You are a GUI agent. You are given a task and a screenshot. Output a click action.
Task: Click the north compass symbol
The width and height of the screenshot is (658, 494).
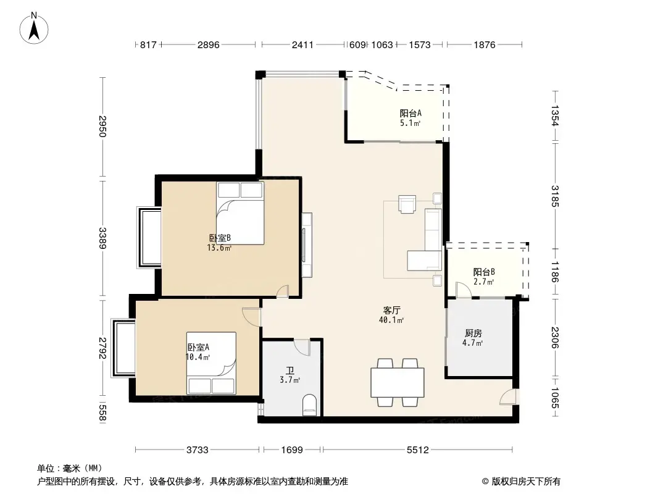[x=35, y=28]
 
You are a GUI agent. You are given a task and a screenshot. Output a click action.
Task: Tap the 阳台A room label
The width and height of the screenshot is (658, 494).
[x=410, y=117]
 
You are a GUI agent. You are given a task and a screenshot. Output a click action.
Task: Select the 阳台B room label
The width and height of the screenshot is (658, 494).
[x=484, y=277]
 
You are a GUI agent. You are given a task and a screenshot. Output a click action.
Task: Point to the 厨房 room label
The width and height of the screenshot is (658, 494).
[x=473, y=338]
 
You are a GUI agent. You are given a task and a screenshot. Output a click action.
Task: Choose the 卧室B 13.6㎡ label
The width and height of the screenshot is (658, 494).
[x=220, y=243]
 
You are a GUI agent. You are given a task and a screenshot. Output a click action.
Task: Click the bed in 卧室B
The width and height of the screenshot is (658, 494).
[x=240, y=213]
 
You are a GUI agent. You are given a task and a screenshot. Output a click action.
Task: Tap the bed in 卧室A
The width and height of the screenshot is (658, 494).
[x=211, y=363]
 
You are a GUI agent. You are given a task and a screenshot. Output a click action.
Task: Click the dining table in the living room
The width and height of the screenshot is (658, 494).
[x=397, y=383]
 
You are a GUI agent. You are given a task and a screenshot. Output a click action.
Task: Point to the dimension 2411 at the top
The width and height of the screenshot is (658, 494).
[x=303, y=45]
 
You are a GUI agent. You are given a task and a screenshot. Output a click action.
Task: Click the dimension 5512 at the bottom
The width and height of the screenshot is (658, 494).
[x=418, y=450]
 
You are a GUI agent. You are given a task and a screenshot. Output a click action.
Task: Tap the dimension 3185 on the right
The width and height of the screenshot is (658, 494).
[x=555, y=196]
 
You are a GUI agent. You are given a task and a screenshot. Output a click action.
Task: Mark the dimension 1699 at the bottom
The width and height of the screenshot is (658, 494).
[x=291, y=450]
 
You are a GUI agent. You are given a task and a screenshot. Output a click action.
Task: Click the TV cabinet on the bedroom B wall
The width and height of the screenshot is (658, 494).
[x=307, y=245]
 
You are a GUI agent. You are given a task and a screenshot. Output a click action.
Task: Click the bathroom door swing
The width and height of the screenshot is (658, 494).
[x=302, y=347]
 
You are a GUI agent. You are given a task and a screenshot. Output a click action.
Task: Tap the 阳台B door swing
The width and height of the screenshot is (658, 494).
[x=462, y=290]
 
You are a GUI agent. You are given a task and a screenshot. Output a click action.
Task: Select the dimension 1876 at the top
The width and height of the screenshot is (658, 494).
[x=485, y=45]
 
